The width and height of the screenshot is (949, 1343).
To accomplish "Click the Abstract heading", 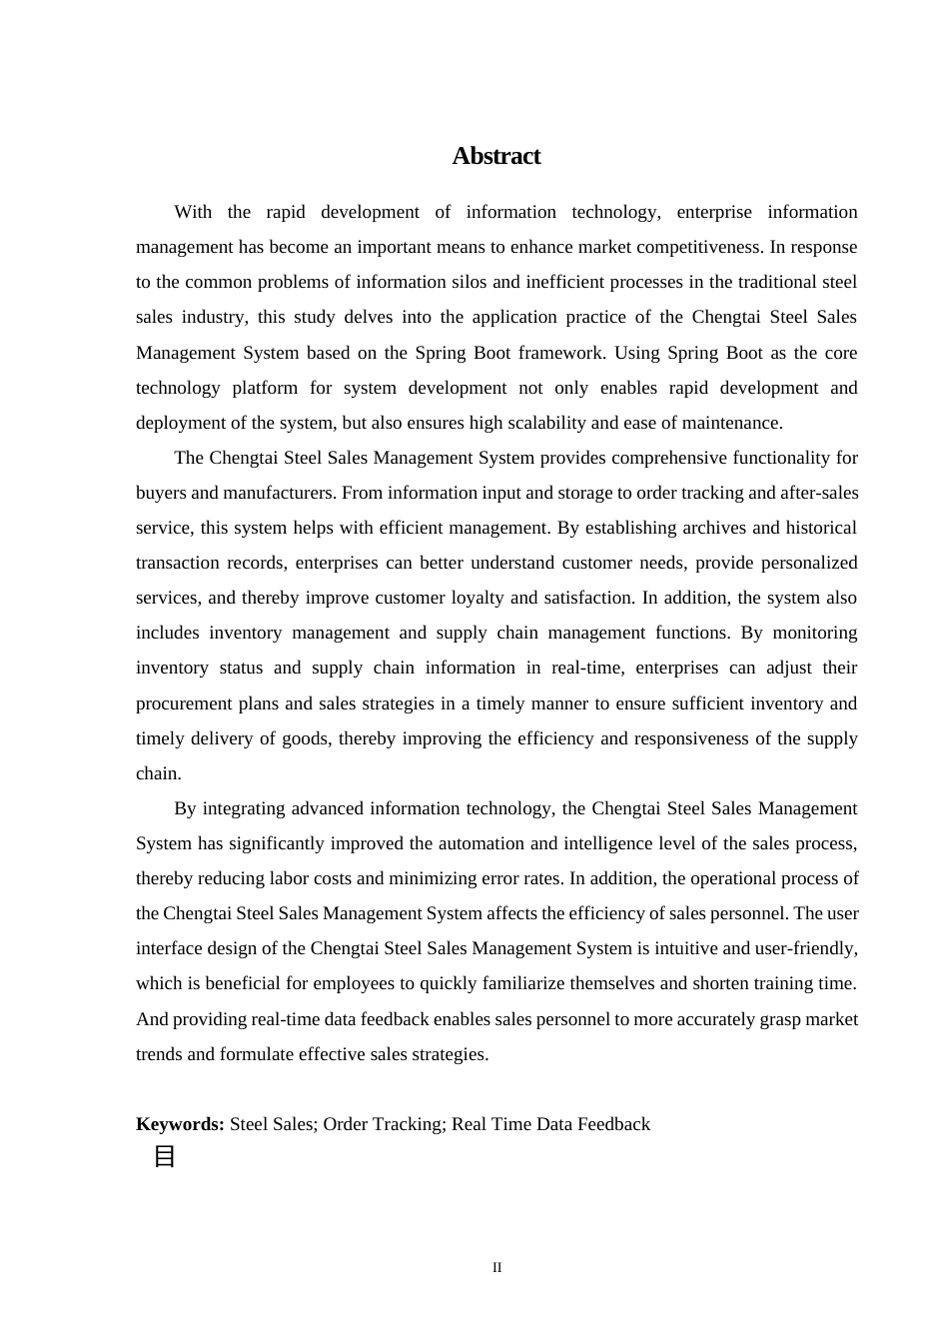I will (x=495, y=156).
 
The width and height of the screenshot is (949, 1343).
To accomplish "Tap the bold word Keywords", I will (x=180, y=1124).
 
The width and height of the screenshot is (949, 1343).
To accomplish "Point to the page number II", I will (x=496, y=1268).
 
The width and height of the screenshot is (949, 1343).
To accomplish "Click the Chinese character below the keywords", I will (x=165, y=1157).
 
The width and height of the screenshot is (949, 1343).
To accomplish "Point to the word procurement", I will (x=184, y=703).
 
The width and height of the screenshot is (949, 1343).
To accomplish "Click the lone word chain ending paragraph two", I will (x=158, y=773).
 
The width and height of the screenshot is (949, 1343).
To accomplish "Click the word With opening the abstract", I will (x=193, y=212).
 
